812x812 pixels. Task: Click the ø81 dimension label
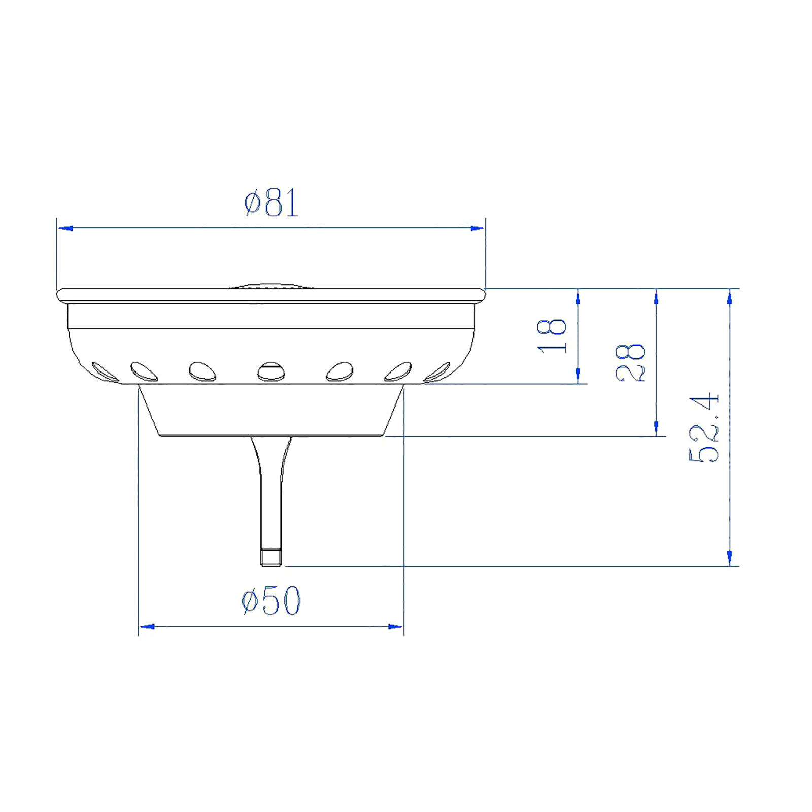pyautogui.click(x=272, y=202)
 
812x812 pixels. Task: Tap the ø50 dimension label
pyautogui.click(x=271, y=600)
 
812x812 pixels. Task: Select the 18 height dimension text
pyautogui.click(x=552, y=336)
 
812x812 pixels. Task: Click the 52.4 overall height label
pyautogui.click(x=704, y=426)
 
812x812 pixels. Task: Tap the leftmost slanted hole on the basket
pyautogui.click(x=105, y=371)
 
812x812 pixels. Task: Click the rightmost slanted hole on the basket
pyautogui.click(x=437, y=371)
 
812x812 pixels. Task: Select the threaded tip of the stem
pyautogui.click(x=271, y=557)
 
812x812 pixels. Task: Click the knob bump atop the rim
pyautogui.click(x=271, y=286)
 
